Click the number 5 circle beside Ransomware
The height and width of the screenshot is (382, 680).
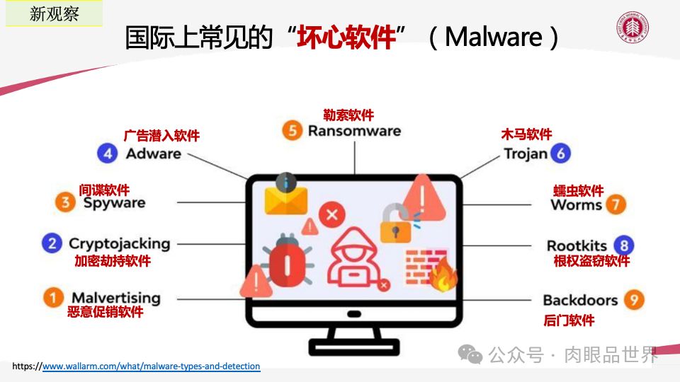[x=291, y=131]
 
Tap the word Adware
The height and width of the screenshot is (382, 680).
[x=153, y=154]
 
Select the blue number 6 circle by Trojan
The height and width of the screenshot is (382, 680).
[x=561, y=154]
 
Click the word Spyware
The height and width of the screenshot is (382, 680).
[x=114, y=203]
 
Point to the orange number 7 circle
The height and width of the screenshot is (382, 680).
[x=616, y=205]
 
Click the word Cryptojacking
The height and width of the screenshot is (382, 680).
[x=119, y=244]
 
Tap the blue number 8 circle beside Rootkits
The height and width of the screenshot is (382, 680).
[x=623, y=245]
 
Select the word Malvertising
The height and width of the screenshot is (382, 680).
[x=115, y=298]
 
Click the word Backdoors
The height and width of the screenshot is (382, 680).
[x=580, y=300]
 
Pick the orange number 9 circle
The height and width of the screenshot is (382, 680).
[x=633, y=300]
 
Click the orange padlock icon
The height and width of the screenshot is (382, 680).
[x=395, y=224]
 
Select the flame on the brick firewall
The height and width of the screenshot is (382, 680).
[x=443, y=276]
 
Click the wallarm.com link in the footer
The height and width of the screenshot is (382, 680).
[x=151, y=366]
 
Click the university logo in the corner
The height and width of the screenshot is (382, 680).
[x=633, y=28]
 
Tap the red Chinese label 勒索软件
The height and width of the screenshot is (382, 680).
[x=348, y=115]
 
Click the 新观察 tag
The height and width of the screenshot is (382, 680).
[x=55, y=13]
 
